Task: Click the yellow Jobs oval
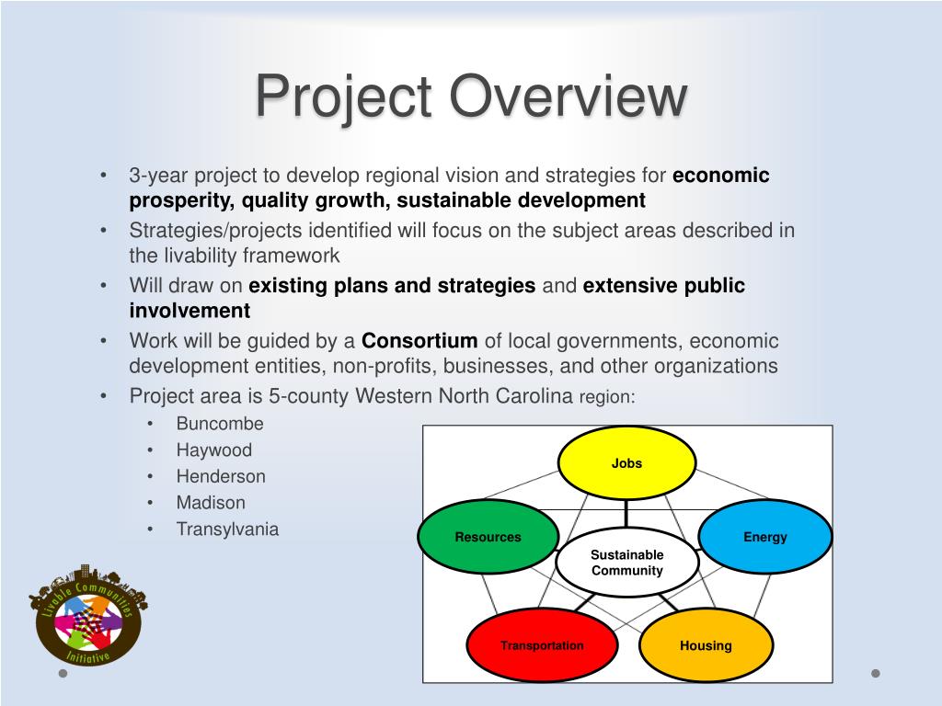coord(626,463)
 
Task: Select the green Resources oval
coord(488,537)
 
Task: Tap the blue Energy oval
coord(764,537)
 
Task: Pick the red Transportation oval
coord(542,645)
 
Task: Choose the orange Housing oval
coord(706,645)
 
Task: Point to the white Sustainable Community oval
coord(627,563)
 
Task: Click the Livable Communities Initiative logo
coord(87,615)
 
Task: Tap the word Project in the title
coord(344,96)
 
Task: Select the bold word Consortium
coord(419,340)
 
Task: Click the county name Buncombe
coord(220,423)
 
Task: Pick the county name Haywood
coord(213,450)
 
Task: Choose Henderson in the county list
coord(221,476)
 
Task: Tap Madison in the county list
coord(211,503)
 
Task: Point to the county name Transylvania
coord(227,529)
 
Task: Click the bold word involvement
coord(190,311)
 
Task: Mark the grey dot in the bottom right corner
coord(876,673)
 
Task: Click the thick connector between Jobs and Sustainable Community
coord(626,513)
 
